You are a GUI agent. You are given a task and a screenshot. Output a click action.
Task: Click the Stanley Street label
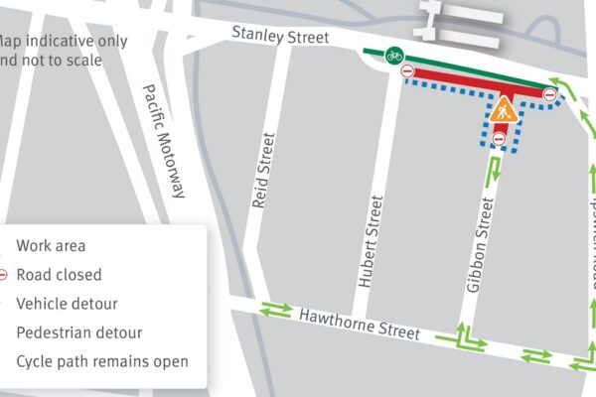tap(279, 35)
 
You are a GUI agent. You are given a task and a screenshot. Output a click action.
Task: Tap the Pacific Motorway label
tap(164, 139)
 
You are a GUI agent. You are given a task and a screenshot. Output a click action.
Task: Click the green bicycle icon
tap(394, 55)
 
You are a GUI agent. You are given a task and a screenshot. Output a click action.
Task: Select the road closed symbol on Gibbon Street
tap(500, 140)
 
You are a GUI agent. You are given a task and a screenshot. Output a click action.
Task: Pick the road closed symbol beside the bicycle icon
tap(407, 71)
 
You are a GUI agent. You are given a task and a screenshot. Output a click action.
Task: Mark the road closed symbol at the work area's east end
tap(550, 94)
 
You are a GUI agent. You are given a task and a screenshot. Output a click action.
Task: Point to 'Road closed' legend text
tap(59, 274)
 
